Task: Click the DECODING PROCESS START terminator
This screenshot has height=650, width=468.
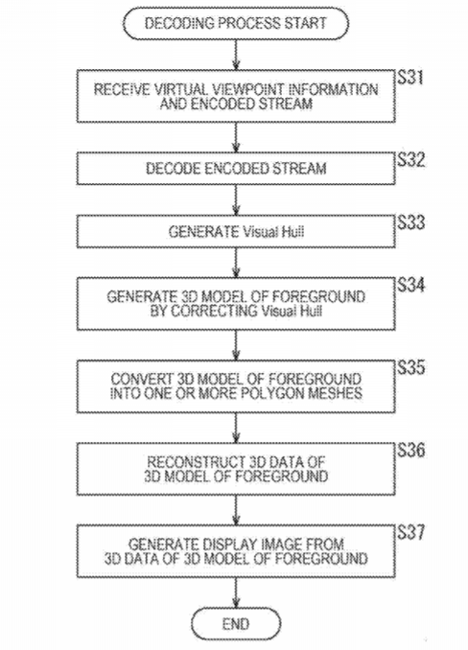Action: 236,23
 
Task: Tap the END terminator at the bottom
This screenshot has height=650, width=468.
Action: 236,623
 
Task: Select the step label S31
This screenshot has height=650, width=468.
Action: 410,78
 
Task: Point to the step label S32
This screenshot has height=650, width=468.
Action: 410,160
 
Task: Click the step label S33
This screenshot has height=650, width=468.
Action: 410,222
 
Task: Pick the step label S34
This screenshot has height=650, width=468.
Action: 410,285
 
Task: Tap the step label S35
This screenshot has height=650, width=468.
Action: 410,368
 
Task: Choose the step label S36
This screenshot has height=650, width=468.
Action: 410,451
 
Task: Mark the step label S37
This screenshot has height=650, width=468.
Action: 410,533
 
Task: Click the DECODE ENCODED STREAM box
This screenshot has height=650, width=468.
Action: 236,169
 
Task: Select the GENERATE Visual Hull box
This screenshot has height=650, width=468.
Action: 236,231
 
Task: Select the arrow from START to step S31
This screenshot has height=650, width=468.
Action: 236,55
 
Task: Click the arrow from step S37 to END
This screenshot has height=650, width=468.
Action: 236,592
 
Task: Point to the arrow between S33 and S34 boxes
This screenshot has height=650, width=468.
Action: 236,263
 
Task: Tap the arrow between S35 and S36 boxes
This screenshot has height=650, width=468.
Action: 236,428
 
